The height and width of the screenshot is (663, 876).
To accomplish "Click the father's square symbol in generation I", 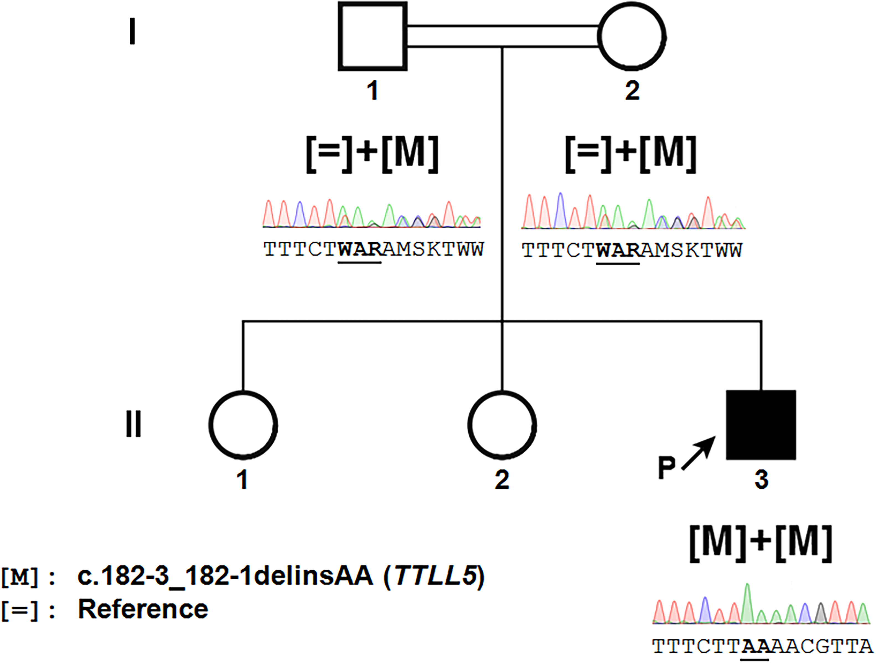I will coord(372,37).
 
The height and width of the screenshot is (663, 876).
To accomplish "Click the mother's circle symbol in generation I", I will coord(632,37).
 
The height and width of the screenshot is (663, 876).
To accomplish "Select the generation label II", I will coord(133,424).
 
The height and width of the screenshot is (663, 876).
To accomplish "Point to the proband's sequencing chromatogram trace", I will coord(761,605).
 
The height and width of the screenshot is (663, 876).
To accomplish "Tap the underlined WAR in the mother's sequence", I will coord(618,251).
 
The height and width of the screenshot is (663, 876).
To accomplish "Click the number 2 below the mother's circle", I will coord(632,90).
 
